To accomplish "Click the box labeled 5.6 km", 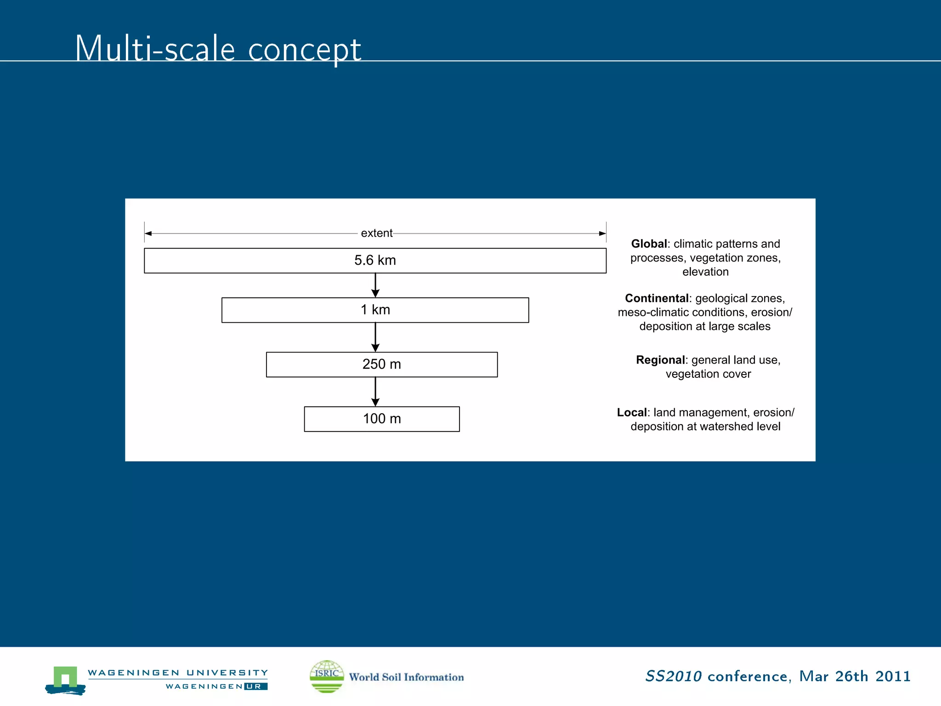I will coord(375,261).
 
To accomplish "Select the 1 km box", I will coord(375,310).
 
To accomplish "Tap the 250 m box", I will coord(381,364).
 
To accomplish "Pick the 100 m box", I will coord(381,419).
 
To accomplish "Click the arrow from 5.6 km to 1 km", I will coord(375,285).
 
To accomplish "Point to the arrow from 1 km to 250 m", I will coord(375,337).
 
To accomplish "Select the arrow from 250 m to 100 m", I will coord(375,392).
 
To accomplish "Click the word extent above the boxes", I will coord(376,233).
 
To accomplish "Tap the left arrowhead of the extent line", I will coord(148,233).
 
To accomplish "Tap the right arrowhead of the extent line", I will coord(602,233).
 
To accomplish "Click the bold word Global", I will coord(649,244).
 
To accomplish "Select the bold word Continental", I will coord(657,298).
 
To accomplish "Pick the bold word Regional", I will coord(660,360).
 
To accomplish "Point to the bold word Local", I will coord(632,412).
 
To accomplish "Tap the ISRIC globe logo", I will coord(327,676).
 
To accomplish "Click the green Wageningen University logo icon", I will coord(65,679).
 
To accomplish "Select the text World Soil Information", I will coord(406,677).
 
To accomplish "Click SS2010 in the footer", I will coord(673,676).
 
